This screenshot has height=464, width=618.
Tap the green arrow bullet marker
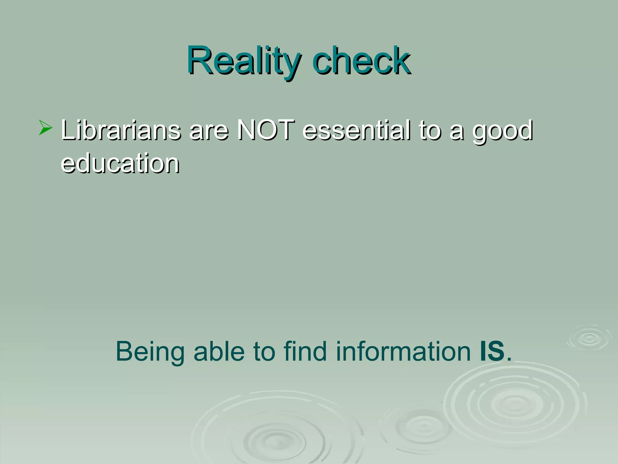[x=45, y=127]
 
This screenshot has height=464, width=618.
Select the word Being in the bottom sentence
[x=150, y=352]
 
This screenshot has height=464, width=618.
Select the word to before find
[x=264, y=352]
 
